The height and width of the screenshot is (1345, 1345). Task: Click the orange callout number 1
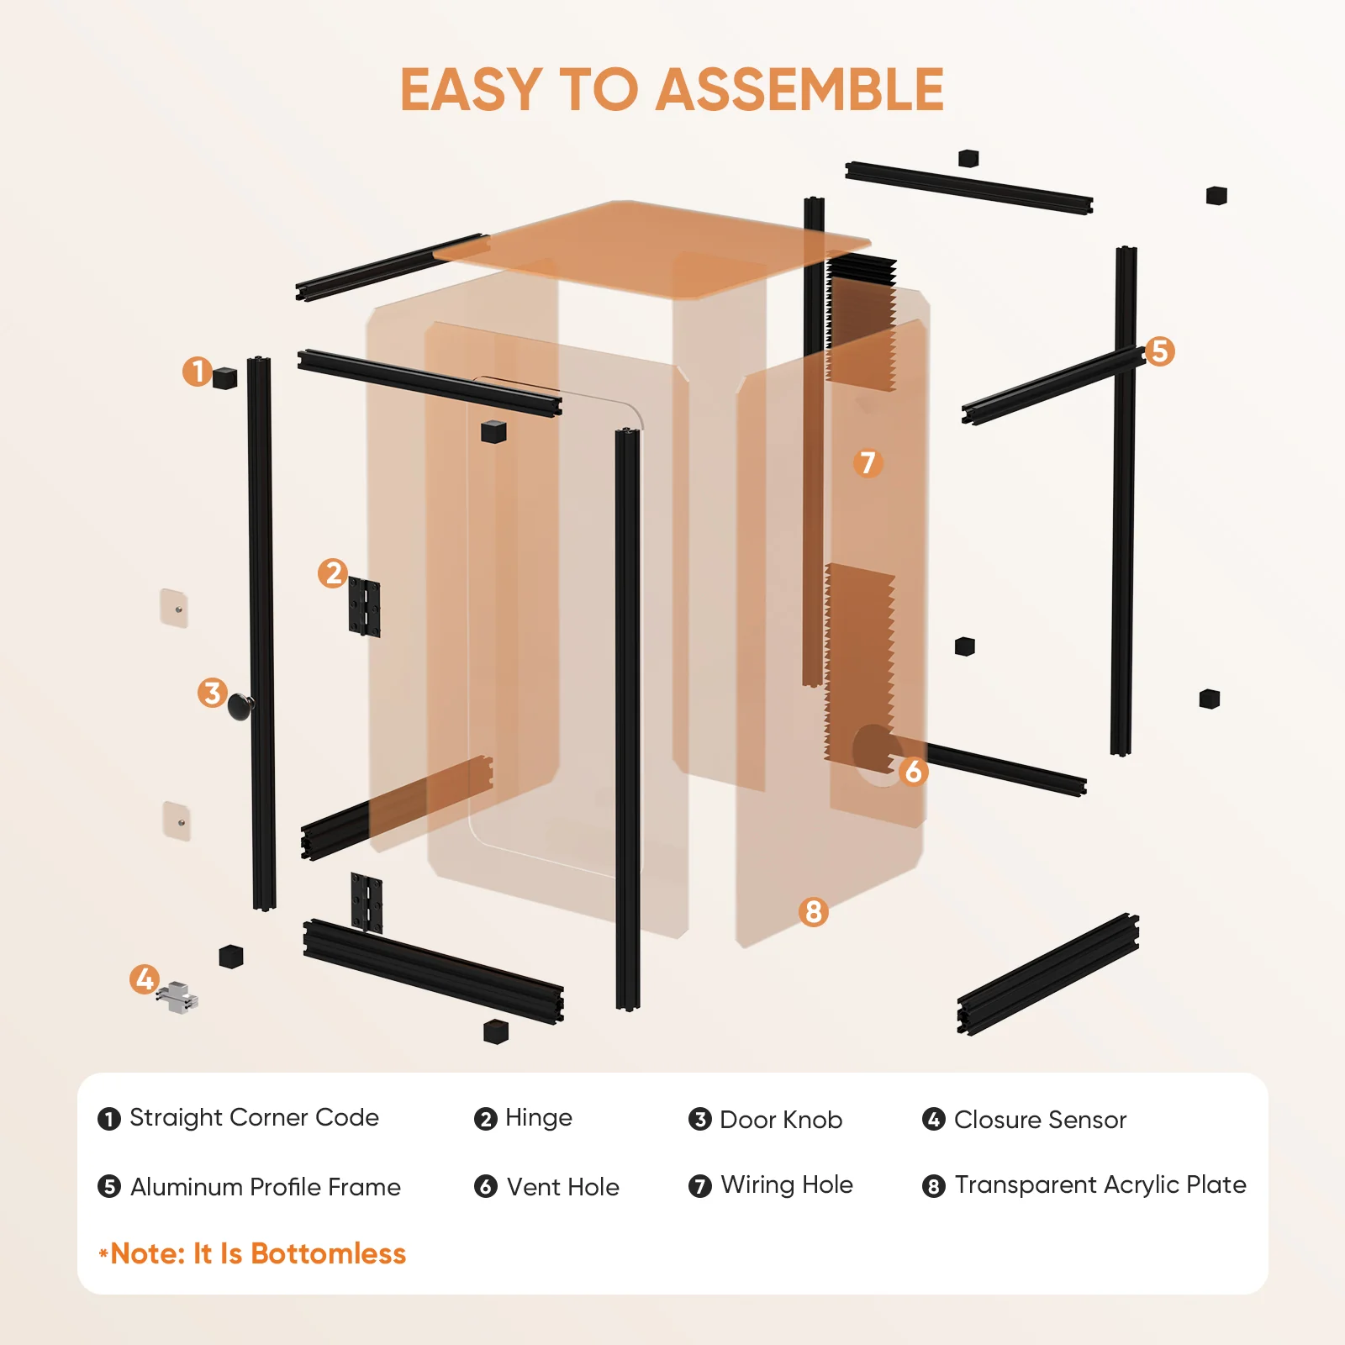click(x=198, y=371)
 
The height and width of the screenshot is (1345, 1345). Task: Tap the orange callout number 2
click(x=333, y=573)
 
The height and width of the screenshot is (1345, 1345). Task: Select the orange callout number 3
click(x=213, y=693)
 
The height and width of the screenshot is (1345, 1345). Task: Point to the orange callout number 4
click(x=145, y=978)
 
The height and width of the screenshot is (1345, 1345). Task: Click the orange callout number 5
click(x=1159, y=351)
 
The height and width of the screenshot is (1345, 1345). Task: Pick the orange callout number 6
click(x=913, y=771)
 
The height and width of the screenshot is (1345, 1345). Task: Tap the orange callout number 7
click(x=868, y=462)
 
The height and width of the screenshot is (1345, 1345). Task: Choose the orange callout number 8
click(x=813, y=911)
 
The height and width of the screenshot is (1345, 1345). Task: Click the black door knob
click(x=240, y=706)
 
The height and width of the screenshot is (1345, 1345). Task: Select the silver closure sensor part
click(x=177, y=997)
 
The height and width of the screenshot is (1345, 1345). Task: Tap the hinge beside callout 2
click(x=364, y=607)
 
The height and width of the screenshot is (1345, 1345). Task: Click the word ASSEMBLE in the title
click(x=799, y=90)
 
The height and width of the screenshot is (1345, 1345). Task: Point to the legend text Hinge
click(x=539, y=1118)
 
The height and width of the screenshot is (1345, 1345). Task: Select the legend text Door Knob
click(x=781, y=1120)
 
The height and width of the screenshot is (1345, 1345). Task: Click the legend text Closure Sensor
click(x=1040, y=1120)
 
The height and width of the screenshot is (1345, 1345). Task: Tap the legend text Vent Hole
click(x=563, y=1187)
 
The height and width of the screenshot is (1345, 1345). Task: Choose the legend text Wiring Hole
click(x=787, y=1185)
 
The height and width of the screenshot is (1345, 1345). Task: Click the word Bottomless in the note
click(x=328, y=1253)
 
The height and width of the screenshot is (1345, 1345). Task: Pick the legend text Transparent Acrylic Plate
click(x=1100, y=1185)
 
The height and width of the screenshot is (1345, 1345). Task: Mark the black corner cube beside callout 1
click(x=224, y=378)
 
